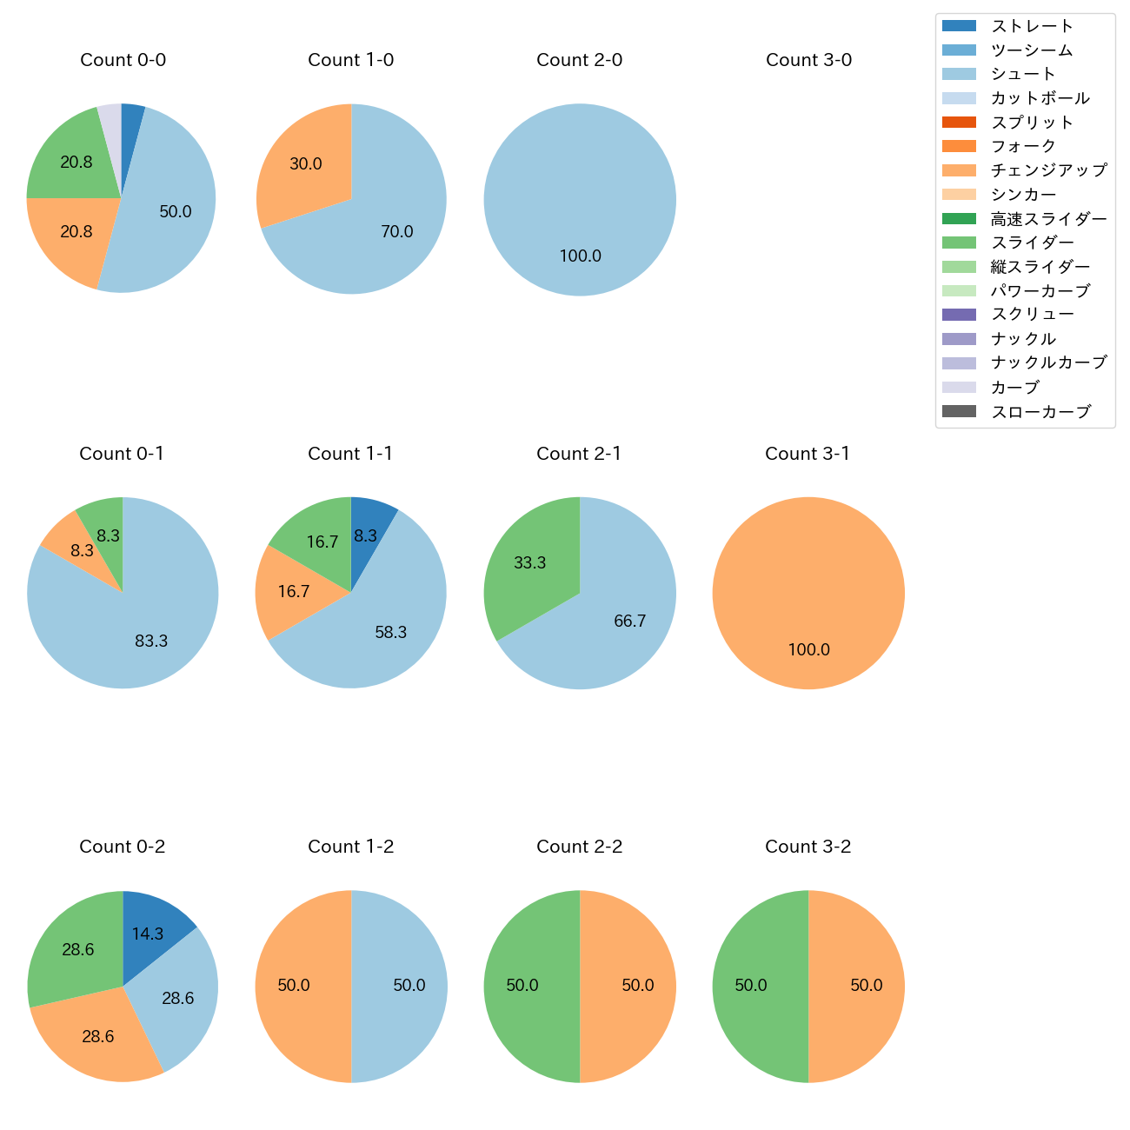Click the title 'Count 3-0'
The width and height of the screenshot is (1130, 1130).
tap(808, 60)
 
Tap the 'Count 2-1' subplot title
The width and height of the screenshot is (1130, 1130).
tap(579, 454)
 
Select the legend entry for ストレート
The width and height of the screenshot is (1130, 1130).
tap(1032, 26)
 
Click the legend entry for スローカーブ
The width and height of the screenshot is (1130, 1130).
tap(1040, 412)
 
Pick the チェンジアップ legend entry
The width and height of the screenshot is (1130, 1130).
tap(1048, 170)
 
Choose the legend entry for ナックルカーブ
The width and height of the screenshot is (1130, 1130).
tap(1048, 363)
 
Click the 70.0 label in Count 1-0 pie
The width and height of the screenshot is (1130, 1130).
tap(396, 232)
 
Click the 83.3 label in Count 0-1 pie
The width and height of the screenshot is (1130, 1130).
tap(151, 641)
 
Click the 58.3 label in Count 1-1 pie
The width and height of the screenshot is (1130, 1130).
tap(390, 633)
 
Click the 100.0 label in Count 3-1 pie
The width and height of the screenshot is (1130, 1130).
tap(808, 650)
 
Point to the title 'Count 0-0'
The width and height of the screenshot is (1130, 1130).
tap(123, 60)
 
